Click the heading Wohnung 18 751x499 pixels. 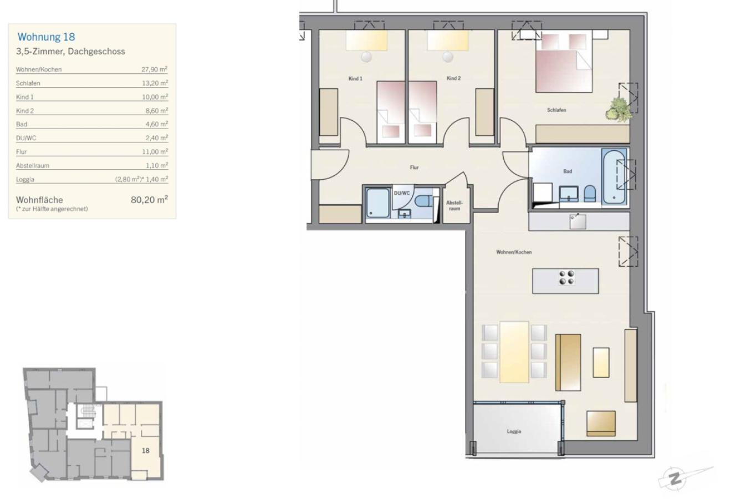pos(46,37)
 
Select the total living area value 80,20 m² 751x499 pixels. pos(149,200)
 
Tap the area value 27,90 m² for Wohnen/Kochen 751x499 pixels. pos(154,69)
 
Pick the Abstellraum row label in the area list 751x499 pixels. pos(33,165)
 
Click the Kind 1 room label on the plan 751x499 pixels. pos(355,79)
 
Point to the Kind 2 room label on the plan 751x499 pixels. pos(453,78)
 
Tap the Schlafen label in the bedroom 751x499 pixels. pos(556,110)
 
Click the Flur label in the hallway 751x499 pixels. pos(414,167)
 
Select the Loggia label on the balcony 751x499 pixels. pos(514,431)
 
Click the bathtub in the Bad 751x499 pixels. pos(614,176)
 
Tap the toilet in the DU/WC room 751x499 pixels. pos(423,201)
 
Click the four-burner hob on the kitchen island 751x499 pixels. pos(566,278)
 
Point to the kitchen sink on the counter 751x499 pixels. pos(578,221)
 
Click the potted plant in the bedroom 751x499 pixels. pos(619,109)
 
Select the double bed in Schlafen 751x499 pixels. pos(564,62)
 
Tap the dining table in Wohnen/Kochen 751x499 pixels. pos(514,352)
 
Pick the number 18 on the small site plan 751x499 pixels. pos(146,450)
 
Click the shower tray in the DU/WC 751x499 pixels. pos(378,203)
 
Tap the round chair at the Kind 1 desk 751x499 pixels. pos(366,57)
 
